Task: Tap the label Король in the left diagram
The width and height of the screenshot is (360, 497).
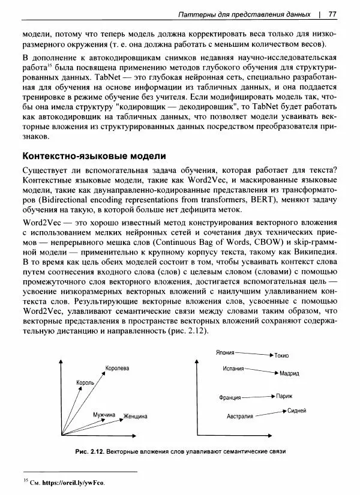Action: pyautogui.click(x=85, y=382)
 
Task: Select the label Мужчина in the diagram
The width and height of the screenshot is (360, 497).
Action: pyautogui.click(x=104, y=415)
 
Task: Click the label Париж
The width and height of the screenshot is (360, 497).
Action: pyautogui.click(x=284, y=396)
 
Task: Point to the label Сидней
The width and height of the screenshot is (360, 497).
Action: pyautogui.click(x=297, y=411)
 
